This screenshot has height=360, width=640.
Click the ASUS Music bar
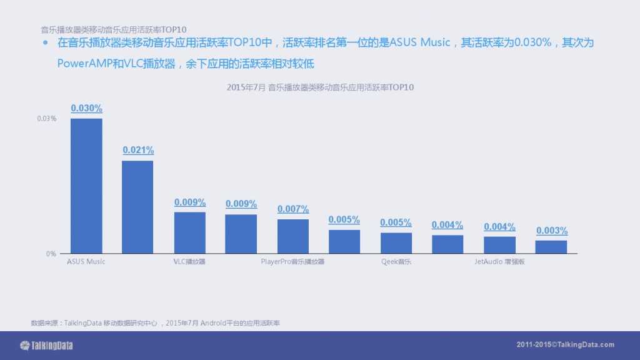(86, 186)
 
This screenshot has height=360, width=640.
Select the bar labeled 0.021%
(137, 207)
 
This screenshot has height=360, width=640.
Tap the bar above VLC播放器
(189, 232)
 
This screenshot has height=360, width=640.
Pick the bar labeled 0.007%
(293, 236)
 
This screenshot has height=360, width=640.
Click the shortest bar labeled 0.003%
(551, 247)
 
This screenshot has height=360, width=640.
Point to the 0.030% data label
(86, 108)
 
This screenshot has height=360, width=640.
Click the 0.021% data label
(138, 150)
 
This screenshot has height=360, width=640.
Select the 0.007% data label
(293, 209)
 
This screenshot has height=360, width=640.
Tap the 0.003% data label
(552, 231)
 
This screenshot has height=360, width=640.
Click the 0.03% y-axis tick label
(47, 119)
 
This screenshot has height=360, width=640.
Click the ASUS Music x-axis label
(86, 262)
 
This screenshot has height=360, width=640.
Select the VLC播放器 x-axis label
(189, 262)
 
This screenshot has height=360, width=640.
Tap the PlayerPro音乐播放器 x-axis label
(293, 262)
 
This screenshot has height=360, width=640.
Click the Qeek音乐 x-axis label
(396, 262)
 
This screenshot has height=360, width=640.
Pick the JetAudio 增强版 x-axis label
(499, 262)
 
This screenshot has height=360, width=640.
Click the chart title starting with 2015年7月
(320, 88)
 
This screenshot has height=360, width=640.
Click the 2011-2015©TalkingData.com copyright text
(566, 345)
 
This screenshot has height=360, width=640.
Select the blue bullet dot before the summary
(45, 44)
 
